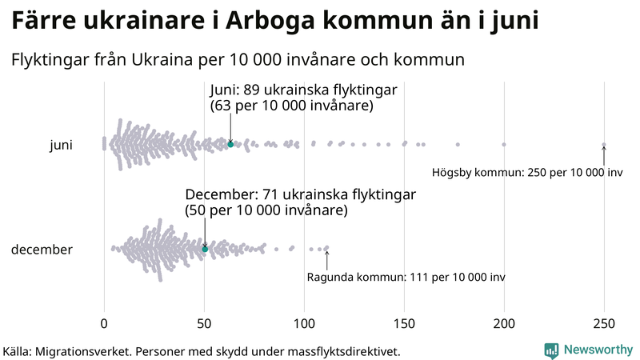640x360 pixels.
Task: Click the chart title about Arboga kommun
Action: tap(275, 22)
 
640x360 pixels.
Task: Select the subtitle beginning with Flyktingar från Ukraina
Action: tap(238, 59)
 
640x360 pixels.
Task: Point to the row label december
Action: tap(42, 250)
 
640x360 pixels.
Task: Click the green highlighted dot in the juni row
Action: tap(230, 144)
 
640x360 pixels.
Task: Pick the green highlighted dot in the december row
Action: tap(205, 250)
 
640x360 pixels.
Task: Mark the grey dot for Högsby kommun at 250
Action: tap(604, 145)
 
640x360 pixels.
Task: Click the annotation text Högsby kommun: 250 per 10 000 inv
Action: tap(527, 173)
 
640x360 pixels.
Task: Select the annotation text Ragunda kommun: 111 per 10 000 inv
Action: tap(406, 278)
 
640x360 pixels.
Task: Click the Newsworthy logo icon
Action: tap(551, 350)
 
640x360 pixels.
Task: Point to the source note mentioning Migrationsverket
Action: tap(202, 350)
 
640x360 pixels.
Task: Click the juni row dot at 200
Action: tap(504, 145)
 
